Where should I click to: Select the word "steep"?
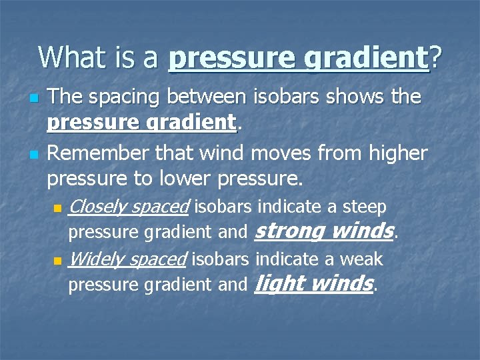coord(364,207)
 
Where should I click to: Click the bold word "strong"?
coord(289,231)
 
